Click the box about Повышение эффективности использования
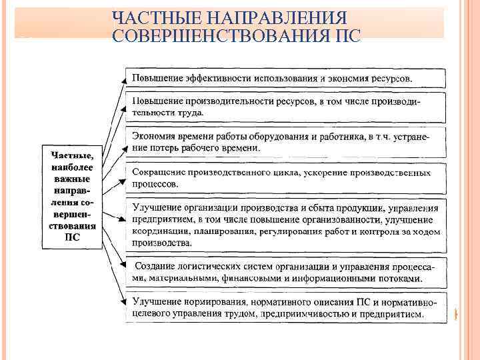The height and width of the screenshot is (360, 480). tap(286, 78)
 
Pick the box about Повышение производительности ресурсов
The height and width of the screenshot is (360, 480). tap(286, 106)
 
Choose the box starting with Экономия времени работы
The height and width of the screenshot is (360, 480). tap(286, 141)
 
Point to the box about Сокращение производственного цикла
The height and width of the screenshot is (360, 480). tap(286, 177)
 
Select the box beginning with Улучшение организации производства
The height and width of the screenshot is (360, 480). tap(286, 225)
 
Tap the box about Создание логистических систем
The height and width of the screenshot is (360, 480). tap(286, 272)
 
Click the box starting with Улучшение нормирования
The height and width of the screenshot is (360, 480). tap(286, 307)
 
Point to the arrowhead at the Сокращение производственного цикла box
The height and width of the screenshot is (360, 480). tap(123, 178)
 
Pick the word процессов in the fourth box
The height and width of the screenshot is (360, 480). tap(155, 183)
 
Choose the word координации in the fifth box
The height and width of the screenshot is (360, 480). tap(160, 231)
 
